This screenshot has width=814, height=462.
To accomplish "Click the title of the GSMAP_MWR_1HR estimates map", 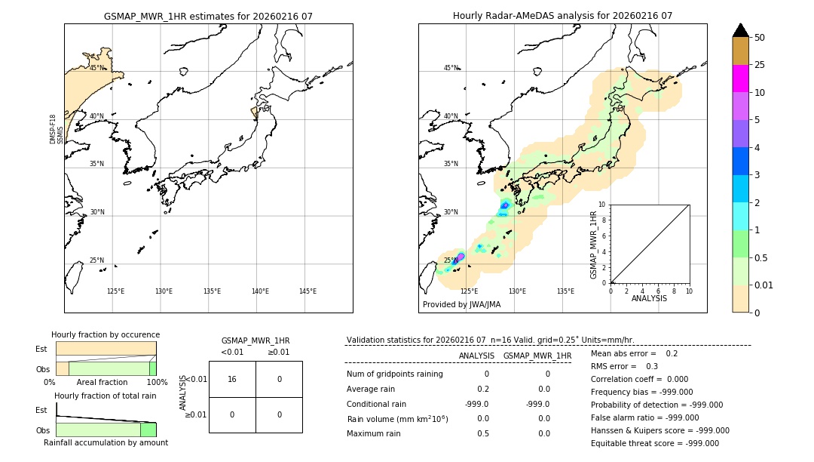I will (x=208, y=16).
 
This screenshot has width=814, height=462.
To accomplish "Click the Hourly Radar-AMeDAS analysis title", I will (x=562, y=16).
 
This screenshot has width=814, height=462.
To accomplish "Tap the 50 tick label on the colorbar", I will (x=760, y=38).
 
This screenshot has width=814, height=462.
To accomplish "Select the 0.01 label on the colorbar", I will (x=764, y=285).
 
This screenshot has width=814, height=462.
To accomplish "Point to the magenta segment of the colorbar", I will (x=740, y=79).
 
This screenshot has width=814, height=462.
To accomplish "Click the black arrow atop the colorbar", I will (x=740, y=30).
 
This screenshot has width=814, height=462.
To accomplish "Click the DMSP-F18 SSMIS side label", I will (x=57, y=129).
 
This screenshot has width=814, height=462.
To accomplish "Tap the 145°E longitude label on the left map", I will (x=308, y=291).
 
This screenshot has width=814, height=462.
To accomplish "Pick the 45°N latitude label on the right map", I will (x=451, y=68).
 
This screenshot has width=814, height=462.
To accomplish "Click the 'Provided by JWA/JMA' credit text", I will (x=461, y=304).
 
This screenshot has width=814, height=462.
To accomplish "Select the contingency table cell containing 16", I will (x=232, y=379).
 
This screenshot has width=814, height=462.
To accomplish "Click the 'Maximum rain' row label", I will (x=373, y=433).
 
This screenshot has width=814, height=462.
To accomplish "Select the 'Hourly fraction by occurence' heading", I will (x=106, y=334).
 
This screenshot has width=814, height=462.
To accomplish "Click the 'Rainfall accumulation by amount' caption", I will (x=106, y=442).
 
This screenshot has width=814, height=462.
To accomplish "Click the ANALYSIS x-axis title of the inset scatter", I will (x=649, y=298).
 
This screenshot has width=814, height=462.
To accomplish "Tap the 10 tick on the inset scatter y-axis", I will (x=601, y=205).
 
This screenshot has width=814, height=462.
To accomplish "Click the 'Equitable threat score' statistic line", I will (x=654, y=443).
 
